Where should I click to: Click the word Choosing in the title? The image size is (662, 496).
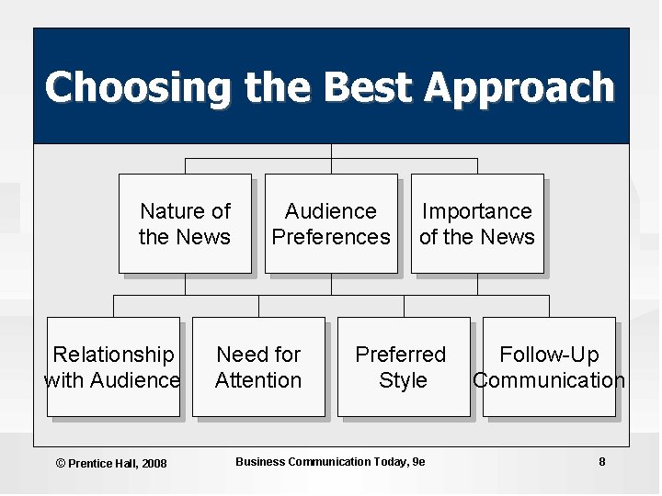[x=139, y=88]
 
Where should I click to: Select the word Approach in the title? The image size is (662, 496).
[x=519, y=88]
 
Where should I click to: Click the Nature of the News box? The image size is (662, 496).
[x=185, y=223]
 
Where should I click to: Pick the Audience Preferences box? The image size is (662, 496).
[x=331, y=223]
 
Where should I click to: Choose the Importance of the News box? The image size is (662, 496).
[x=476, y=223]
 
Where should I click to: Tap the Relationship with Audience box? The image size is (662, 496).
[x=113, y=366]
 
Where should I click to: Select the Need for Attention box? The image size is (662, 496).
[x=258, y=366]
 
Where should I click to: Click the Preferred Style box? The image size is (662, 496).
[x=403, y=366]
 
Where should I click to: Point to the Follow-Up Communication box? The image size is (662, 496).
[x=549, y=366]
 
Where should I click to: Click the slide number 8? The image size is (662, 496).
[x=602, y=461]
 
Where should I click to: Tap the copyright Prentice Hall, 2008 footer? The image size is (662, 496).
[x=111, y=463]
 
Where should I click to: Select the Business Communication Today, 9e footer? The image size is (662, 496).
[x=330, y=461]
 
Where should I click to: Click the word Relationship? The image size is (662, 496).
[x=113, y=355]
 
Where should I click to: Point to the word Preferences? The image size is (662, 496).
[x=331, y=237]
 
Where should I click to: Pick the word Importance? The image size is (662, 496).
[x=476, y=211]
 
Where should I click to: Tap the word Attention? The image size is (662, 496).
[x=258, y=380]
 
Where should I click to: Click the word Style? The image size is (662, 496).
[x=403, y=380]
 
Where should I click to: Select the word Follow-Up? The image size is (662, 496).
[x=549, y=355]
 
